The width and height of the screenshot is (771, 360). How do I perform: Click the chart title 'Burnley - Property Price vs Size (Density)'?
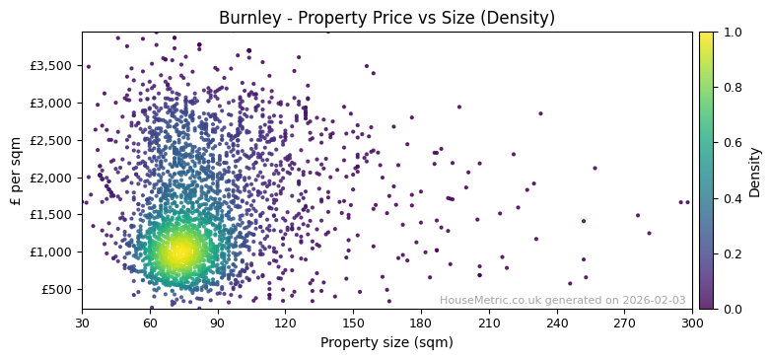click(386, 18)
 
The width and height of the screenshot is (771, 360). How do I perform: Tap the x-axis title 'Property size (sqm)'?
click(386, 343)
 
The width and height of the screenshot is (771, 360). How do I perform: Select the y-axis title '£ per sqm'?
click(16, 170)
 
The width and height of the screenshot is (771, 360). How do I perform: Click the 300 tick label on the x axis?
click(692, 323)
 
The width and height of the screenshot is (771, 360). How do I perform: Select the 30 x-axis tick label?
click(82, 323)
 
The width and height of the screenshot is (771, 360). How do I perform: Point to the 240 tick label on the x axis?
click(557, 323)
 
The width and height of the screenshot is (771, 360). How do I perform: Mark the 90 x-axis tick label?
click(218, 323)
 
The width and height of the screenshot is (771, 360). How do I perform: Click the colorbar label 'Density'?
click(754, 170)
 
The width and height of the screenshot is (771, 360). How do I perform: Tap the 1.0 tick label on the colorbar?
click(729, 32)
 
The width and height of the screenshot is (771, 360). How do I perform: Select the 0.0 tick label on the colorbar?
click(729, 309)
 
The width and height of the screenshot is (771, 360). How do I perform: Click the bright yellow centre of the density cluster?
click(178, 252)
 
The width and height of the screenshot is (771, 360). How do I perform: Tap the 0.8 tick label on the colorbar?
click(729, 87)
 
